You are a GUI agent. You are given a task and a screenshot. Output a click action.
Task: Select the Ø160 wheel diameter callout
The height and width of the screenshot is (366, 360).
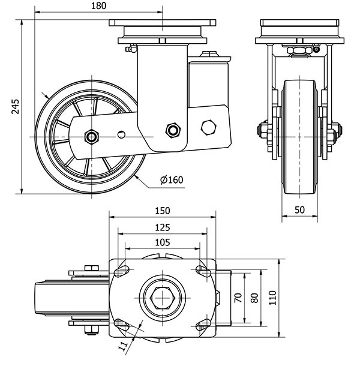pos(172,180)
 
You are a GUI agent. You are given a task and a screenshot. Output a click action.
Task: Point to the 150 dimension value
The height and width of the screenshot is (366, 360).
pos(162,211)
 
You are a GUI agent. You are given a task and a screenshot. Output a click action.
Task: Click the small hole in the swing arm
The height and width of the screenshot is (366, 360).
pos(122,134)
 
